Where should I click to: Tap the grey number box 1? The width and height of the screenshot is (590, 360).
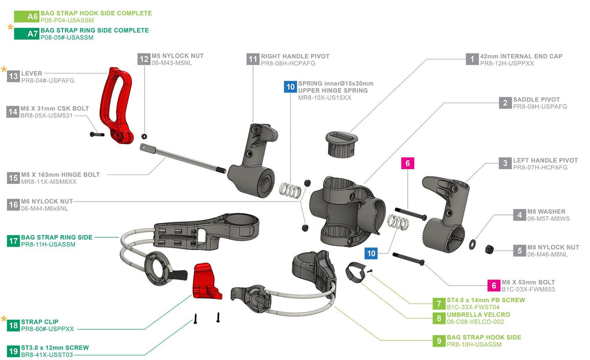click(472, 59)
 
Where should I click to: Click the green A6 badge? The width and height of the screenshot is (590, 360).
click(27, 17)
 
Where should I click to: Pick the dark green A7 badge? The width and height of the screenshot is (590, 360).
click(27, 34)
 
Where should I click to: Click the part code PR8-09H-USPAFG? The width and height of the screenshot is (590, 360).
click(540, 107)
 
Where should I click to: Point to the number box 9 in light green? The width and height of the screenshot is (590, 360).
click(439, 340)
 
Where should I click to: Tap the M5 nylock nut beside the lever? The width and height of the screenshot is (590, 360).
click(144, 136)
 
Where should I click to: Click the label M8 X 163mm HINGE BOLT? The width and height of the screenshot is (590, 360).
click(60, 175)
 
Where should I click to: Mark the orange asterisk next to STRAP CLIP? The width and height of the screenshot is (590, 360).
click(5, 319)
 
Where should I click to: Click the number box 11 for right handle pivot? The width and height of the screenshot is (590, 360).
click(253, 59)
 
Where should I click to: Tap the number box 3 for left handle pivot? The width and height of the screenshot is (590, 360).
click(505, 163)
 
